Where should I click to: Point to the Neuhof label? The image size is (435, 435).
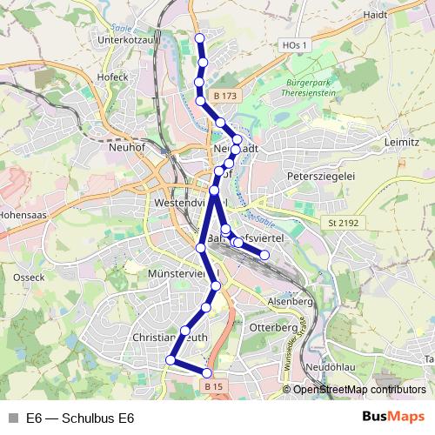click(127, 148)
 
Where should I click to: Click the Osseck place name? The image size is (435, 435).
click(30, 277)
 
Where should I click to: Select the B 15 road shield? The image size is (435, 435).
click(214, 385)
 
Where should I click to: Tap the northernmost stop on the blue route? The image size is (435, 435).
click(199, 37)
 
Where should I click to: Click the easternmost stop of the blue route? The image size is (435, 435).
click(264, 254)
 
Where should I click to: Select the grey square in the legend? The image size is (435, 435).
click(11, 418)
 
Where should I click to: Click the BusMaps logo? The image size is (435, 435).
click(394, 417)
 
